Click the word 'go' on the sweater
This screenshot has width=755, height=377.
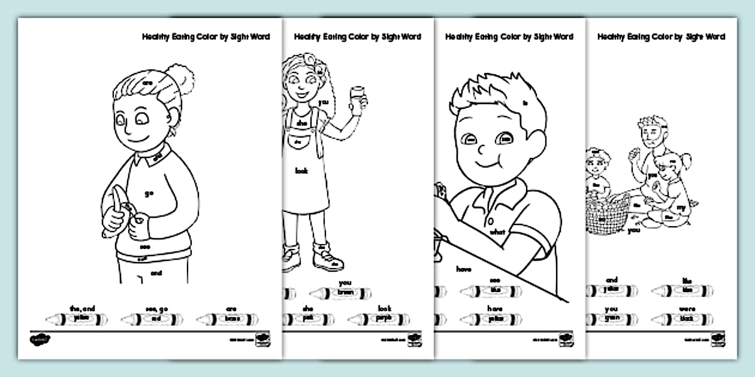[x=149, y=193]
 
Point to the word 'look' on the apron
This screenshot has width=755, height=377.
[x=301, y=171]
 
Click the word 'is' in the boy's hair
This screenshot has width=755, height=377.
[x=526, y=103]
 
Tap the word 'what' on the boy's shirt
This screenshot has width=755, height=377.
[x=498, y=232]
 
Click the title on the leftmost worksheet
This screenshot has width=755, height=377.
[x=206, y=37]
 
